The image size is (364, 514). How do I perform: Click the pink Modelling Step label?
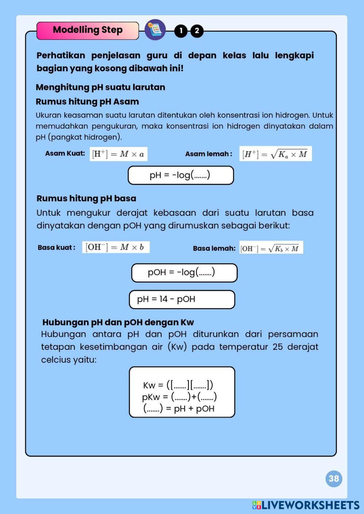[x=87, y=30]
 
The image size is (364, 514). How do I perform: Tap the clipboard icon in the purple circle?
[x=155, y=30]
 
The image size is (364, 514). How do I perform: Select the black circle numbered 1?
[x=181, y=31]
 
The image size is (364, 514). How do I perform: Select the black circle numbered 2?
[x=197, y=31]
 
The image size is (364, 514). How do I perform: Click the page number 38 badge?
[x=334, y=478]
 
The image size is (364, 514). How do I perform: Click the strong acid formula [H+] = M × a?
[x=118, y=154]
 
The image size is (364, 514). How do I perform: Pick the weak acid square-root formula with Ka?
[x=275, y=154]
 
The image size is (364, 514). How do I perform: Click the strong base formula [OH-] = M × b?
[x=115, y=247]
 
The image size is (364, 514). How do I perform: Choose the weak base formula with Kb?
[x=271, y=248]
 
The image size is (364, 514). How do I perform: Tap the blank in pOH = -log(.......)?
[x=206, y=273]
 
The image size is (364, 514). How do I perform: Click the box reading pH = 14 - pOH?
[x=182, y=299]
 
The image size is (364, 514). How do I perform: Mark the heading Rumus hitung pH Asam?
[x=87, y=101]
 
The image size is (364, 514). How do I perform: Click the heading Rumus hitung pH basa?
[x=86, y=198]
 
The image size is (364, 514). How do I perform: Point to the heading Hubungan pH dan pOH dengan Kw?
[x=118, y=322]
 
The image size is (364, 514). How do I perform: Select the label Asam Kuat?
[x=65, y=153]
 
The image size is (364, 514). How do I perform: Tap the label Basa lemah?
[x=214, y=248]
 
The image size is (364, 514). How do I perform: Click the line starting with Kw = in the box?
[x=178, y=385]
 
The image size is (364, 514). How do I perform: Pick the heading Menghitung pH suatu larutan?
[x=100, y=87]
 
